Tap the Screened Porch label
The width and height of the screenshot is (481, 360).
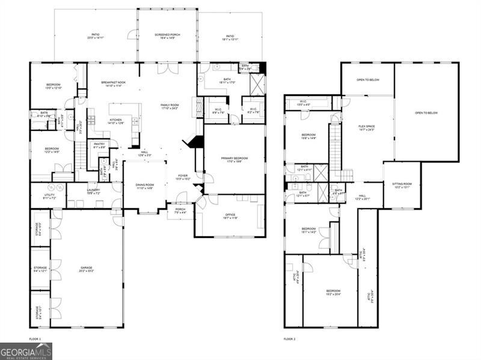[x=168, y=36]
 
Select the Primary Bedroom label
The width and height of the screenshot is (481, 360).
[x=234, y=159]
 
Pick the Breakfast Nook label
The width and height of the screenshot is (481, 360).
[x=113, y=84]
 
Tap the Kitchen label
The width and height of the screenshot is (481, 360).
[x=116, y=121]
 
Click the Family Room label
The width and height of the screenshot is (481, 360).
[x=170, y=106]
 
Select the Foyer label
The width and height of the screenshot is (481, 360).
[x=182, y=177]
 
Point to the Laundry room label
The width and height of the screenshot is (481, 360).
[x=93, y=192]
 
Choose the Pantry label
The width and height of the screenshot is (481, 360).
[x=98, y=146]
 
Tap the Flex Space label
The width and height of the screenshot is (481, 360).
[x=367, y=127]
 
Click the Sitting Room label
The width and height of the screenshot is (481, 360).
[x=402, y=185]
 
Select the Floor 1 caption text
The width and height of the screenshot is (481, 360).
[x=35, y=339]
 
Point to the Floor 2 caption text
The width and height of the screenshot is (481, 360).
[x=290, y=339]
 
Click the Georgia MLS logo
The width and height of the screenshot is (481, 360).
[x=26, y=351]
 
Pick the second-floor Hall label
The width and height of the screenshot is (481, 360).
[x=363, y=196]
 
